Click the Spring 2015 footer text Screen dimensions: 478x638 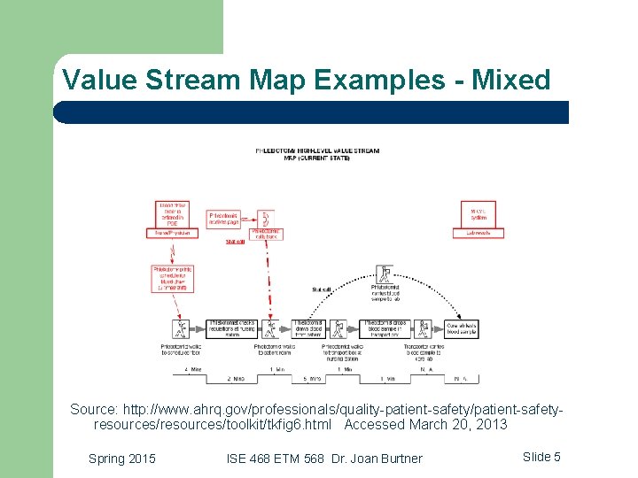[122, 458]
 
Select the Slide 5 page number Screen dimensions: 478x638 [541, 457]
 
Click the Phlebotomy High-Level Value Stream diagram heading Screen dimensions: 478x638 [316, 154]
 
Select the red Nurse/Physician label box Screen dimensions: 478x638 [172, 233]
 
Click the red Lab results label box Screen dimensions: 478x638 [484, 233]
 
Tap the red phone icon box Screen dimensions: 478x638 [264, 218]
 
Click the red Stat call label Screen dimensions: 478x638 [236, 242]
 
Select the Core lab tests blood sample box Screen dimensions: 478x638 [462, 328]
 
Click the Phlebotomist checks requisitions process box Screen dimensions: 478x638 [232, 328]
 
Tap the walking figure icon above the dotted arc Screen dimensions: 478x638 [385, 273]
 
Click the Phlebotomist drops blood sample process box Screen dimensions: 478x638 [385, 328]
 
